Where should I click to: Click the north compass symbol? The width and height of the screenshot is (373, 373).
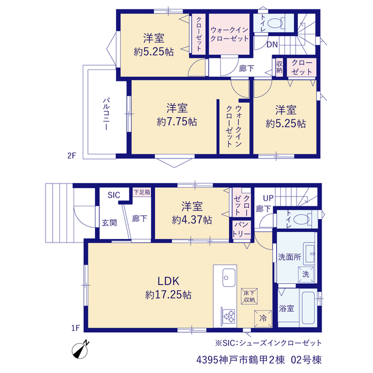[x=80, y=350]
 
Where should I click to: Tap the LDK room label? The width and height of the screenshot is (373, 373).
[x=168, y=281]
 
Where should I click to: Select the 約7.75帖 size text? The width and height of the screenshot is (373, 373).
[x=177, y=122]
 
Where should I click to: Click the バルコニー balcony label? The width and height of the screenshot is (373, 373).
[x=106, y=114]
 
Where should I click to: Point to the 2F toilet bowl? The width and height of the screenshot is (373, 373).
[x=276, y=23]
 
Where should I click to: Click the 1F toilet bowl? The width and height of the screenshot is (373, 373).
[x=301, y=219]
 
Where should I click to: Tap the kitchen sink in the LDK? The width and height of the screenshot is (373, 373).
[x=229, y=277]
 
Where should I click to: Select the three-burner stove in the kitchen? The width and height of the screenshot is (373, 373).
[x=229, y=316]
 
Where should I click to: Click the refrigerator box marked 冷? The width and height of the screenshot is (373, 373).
[x=263, y=319]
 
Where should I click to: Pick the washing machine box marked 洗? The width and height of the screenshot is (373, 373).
[x=306, y=275]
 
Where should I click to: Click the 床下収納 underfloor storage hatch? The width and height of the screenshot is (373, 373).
[x=249, y=297]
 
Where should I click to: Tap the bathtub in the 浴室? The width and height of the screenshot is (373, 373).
[x=308, y=308]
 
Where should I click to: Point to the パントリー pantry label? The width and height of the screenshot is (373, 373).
[x=241, y=229]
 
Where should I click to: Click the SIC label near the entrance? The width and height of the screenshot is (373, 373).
[x=114, y=195]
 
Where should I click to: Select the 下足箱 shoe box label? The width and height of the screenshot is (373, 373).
[x=142, y=192]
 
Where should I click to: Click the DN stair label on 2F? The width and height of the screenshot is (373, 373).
[x=272, y=44]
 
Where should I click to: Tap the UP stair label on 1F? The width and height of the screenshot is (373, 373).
[x=268, y=198]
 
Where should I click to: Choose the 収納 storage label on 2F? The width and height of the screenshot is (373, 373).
[x=279, y=67]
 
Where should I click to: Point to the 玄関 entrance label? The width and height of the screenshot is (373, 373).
[x=110, y=223]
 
